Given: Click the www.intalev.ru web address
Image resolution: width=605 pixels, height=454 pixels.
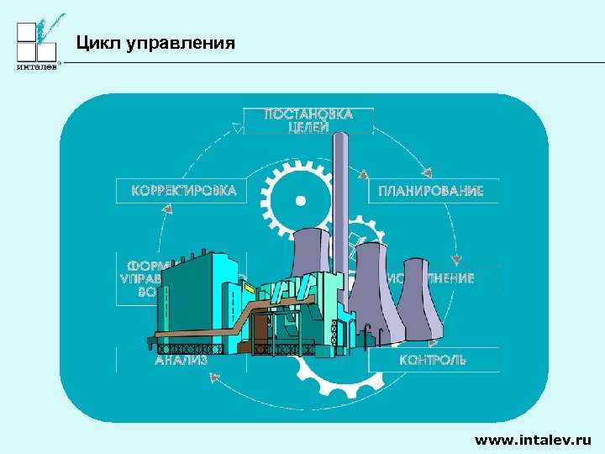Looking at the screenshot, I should tap(533, 439).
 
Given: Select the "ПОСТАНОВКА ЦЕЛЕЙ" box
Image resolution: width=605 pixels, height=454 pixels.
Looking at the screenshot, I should tap(308, 120).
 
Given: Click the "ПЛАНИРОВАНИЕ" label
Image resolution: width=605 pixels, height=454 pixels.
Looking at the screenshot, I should tap(431, 192).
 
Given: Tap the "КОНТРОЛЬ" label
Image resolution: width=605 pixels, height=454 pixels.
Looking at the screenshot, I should tap(433, 360).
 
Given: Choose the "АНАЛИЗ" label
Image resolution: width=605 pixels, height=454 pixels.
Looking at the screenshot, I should tap(181, 360).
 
